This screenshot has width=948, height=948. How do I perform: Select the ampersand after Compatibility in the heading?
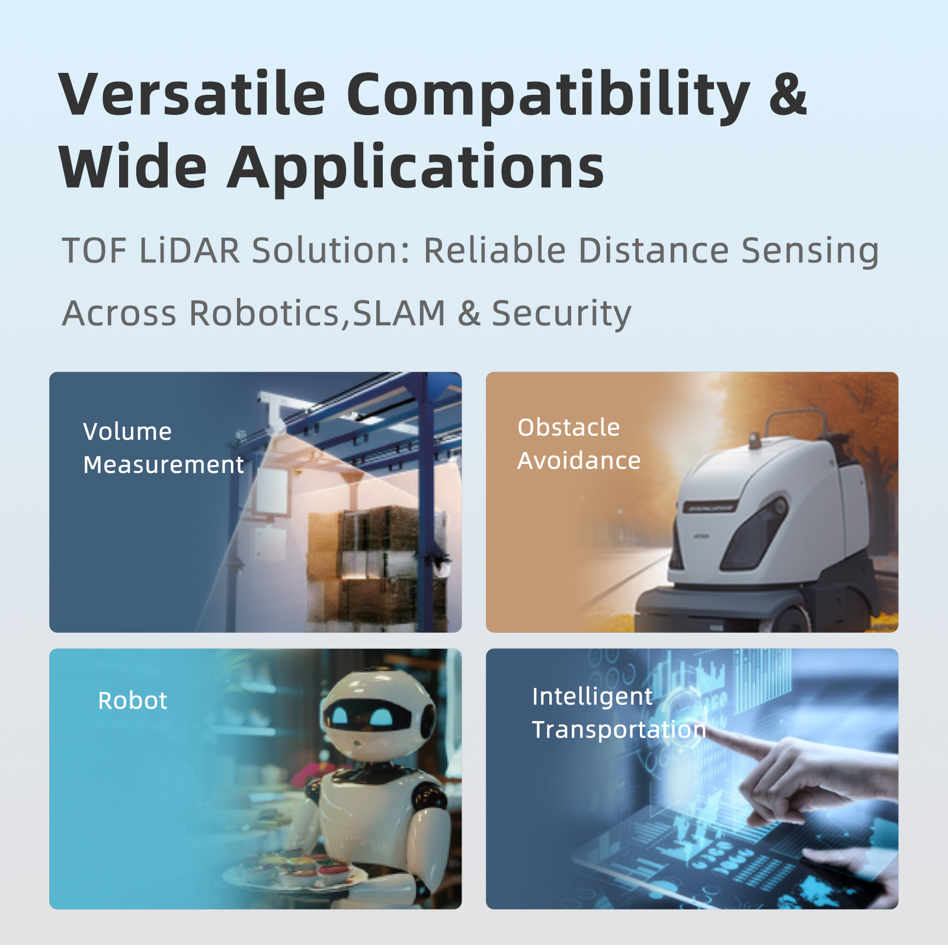pos(788,94)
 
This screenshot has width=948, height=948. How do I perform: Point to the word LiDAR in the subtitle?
pos(190,250)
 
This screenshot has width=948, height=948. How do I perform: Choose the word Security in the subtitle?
pos(562,315)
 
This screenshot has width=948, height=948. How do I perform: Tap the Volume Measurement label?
pos(164,448)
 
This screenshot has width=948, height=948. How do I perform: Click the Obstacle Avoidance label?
pos(579,444)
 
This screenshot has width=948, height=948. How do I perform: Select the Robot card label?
pos(133,700)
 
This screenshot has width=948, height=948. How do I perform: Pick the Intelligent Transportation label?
pos(619,713)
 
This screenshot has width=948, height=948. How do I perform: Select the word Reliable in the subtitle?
pos(495,250)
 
